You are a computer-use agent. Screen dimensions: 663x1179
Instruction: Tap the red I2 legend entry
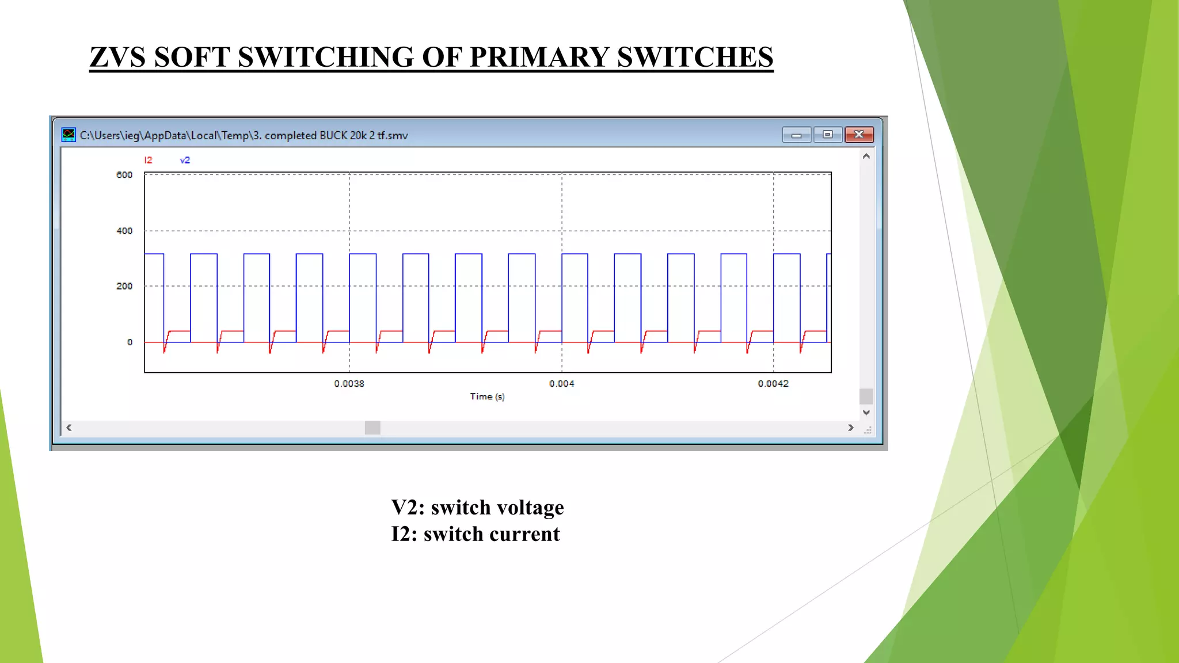click(148, 160)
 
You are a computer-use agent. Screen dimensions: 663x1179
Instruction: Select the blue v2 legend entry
click(185, 160)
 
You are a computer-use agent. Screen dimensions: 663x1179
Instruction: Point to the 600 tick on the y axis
click(124, 175)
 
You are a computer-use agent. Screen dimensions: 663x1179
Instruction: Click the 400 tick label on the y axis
click(124, 231)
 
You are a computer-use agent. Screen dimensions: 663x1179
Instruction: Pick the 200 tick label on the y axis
click(124, 286)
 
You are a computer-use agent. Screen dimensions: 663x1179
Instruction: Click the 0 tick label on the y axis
click(130, 342)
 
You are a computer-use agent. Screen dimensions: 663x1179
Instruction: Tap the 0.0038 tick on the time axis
click(349, 383)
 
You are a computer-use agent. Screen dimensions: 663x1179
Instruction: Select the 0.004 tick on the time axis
click(561, 383)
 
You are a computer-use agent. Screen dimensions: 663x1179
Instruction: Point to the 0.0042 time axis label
click(773, 383)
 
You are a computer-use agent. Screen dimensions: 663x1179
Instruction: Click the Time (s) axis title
click(487, 397)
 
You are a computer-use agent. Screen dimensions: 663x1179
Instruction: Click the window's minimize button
click(797, 135)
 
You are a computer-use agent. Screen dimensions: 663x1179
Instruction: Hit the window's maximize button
click(828, 135)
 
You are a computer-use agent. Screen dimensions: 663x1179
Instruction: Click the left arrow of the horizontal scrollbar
click(69, 428)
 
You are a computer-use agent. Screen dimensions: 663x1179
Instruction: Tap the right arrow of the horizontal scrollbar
click(851, 428)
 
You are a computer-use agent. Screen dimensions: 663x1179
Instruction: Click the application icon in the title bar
click(69, 135)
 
